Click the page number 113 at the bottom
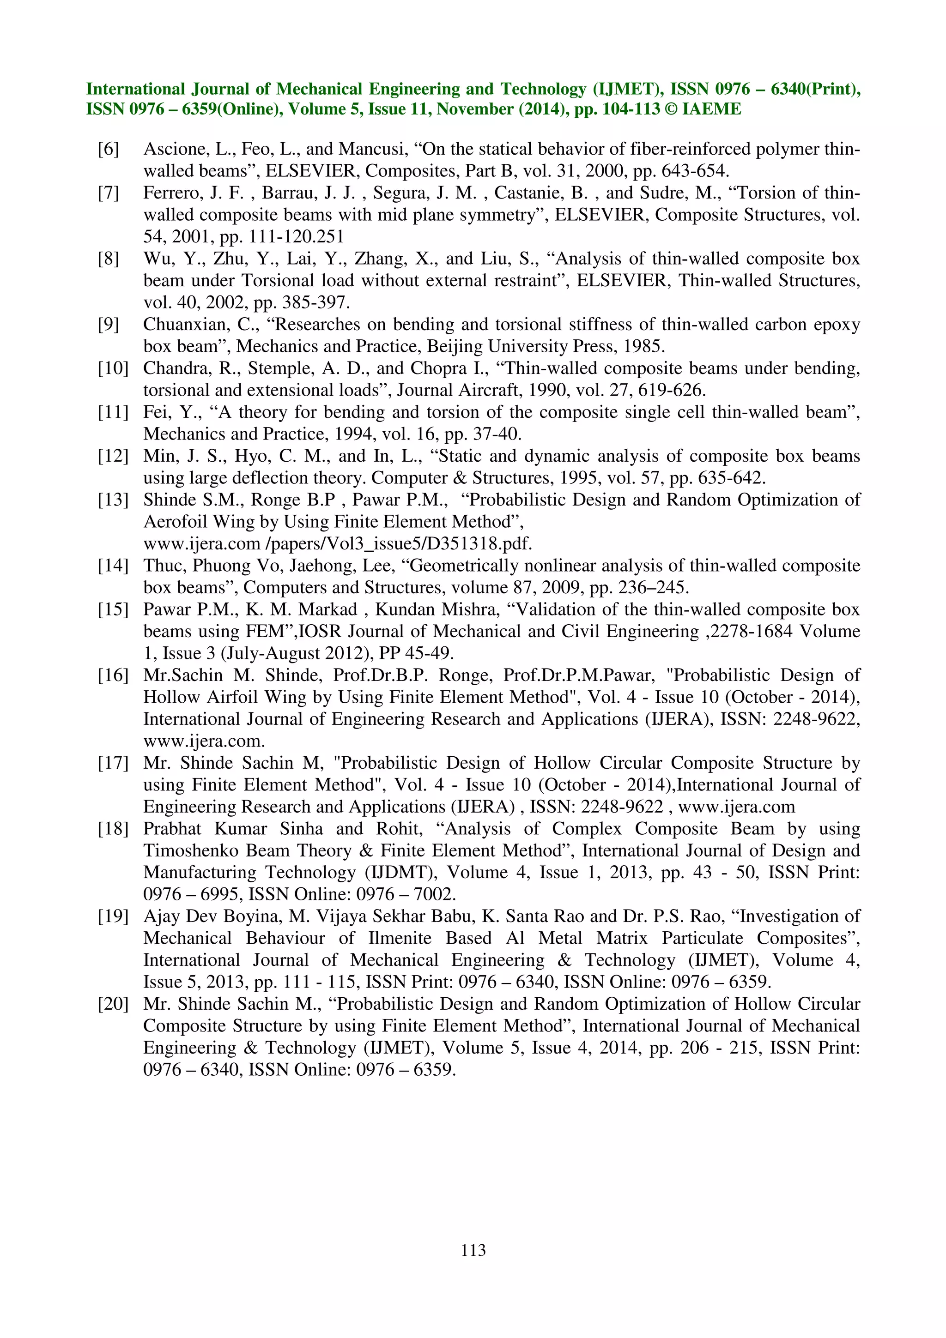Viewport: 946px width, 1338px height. [473, 1250]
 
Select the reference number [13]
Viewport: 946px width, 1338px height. [113, 500]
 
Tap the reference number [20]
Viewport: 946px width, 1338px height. [113, 1004]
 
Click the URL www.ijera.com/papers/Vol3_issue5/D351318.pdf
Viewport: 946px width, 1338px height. [338, 544]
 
